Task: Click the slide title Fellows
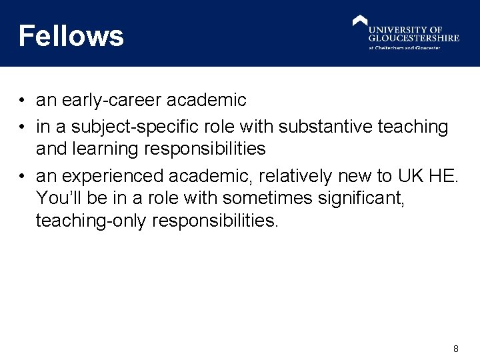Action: click(71, 35)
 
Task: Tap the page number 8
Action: click(456, 349)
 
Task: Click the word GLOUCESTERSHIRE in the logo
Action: click(414, 38)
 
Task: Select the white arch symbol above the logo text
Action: click(360, 21)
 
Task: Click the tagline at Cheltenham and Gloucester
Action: click(405, 48)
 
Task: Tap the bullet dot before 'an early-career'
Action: click(22, 101)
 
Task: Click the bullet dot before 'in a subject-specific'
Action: click(22, 126)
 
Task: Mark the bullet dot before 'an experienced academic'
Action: click(22, 176)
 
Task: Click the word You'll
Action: click(61, 198)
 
